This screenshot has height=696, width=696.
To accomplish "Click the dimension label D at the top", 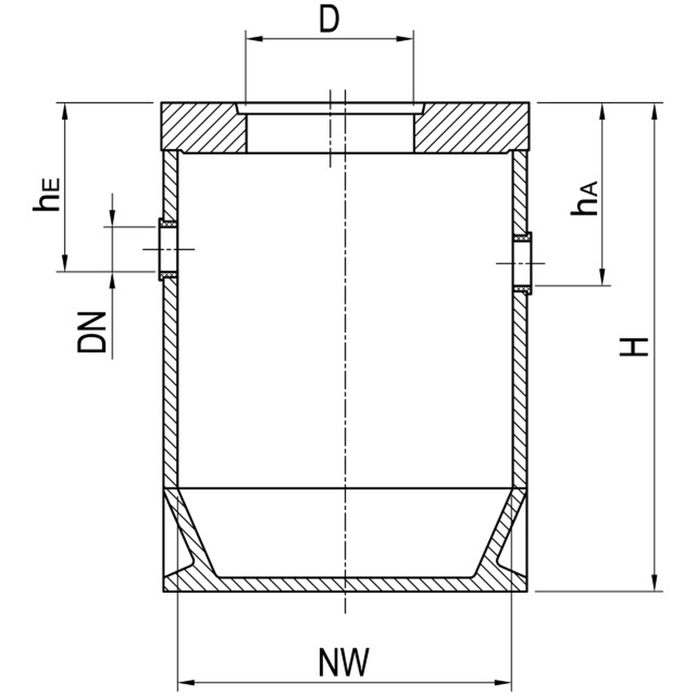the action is [329, 20].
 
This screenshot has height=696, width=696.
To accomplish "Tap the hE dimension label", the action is [47, 195].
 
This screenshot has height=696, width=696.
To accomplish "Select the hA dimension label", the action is [585, 198].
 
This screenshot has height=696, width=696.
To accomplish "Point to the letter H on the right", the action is [634, 347].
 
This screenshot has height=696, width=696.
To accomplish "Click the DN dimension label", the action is [92, 332].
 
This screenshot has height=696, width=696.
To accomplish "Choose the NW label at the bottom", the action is [344, 663].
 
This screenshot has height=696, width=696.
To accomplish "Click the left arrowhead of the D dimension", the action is [254, 38].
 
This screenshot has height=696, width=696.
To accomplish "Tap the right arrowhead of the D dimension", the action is [405, 38].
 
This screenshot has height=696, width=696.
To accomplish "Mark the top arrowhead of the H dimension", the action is [654, 112].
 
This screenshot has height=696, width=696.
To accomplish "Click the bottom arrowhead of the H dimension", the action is [654, 582].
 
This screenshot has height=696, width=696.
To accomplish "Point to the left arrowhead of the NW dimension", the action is [187, 682].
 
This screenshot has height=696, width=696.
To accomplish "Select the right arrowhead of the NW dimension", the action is [503, 682].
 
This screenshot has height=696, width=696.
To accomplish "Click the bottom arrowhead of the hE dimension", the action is [65, 262].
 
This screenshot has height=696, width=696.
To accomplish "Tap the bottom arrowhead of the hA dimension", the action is [602, 276].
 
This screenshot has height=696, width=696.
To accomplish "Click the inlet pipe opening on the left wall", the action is [168, 249].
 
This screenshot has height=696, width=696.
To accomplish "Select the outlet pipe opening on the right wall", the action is [523, 263].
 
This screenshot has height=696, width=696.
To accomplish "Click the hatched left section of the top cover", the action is [204, 128].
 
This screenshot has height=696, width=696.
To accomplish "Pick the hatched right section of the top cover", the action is [471, 128].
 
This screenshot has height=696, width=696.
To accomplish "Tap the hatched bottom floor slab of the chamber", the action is [345, 585].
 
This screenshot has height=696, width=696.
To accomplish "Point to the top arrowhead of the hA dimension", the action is [602, 112].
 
